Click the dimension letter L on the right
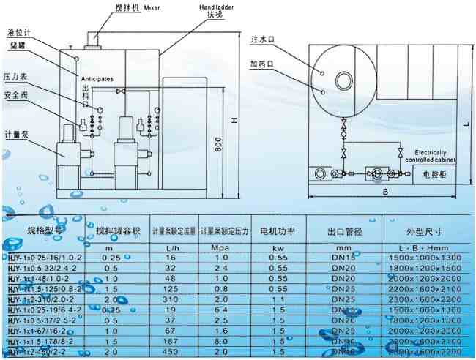(x=466, y=125)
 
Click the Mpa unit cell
(x=225, y=247)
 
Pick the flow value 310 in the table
(x=173, y=299)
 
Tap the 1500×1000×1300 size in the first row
(x=425, y=258)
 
